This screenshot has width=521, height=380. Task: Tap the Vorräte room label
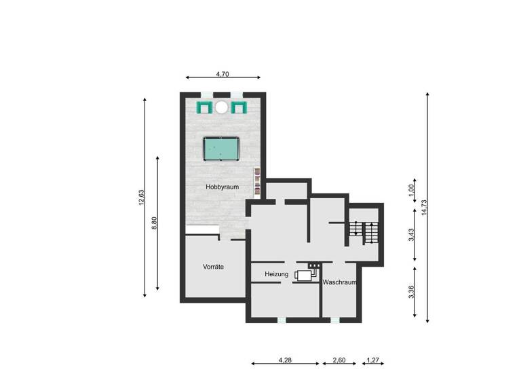tap(213, 267)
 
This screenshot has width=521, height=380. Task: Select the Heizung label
tap(277, 274)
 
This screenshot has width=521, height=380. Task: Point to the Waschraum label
tap(339, 282)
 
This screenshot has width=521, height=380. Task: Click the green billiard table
tap(222, 148)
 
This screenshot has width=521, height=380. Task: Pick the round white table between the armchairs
tap(222, 107)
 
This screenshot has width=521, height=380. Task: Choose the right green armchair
tap(238, 107)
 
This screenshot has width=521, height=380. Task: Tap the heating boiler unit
tap(305, 274)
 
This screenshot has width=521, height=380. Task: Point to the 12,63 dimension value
tap(141, 197)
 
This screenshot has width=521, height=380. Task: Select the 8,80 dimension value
tap(154, 223)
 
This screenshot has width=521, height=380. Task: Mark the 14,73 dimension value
tap(423, 207)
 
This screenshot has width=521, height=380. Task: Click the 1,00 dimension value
tap(411, 191)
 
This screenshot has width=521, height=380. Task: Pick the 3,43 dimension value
tap(411, 235)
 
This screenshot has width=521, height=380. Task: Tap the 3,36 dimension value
tap(411, 292)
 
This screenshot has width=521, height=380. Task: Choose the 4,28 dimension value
tap(286, 360)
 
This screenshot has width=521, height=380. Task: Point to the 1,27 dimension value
tap(372, 360)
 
